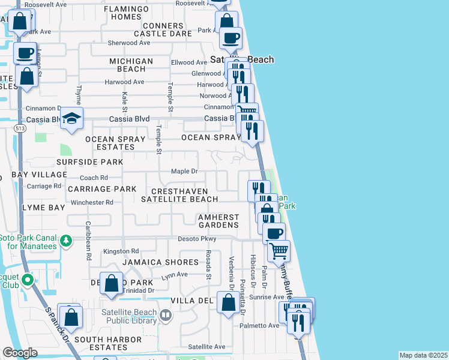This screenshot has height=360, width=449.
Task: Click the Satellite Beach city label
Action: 242,59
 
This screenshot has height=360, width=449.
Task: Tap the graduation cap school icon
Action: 71,118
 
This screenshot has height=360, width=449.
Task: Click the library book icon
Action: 166,314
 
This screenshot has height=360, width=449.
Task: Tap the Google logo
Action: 20,353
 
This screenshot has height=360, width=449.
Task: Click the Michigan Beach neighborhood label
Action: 131,65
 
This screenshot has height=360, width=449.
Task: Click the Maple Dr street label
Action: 184,171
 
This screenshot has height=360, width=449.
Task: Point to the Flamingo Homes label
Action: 130,13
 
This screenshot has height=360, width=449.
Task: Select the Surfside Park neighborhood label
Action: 89,162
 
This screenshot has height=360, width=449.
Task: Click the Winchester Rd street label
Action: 92,202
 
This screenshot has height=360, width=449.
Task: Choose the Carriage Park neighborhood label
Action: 102,188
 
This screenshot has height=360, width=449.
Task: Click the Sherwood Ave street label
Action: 128,43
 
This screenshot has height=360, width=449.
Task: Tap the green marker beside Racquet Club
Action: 26,280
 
